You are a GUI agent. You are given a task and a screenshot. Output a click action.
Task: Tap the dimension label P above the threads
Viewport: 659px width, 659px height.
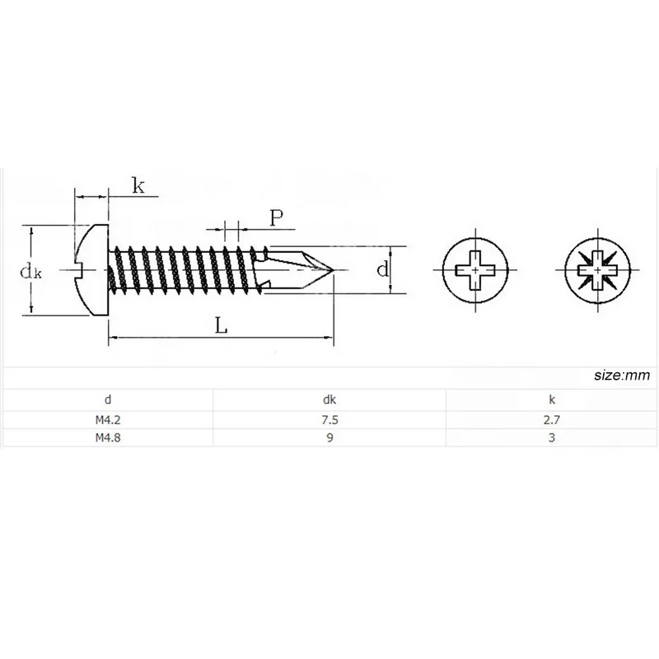[277, 217]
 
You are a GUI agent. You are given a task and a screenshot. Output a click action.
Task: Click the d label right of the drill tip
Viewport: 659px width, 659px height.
[381, 269]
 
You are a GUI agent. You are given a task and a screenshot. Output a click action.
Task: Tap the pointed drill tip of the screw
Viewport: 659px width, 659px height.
[329, 269]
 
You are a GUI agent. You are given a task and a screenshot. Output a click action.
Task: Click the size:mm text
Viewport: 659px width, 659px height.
[621, 376]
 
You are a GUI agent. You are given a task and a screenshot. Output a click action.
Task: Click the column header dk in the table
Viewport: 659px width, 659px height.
[329, 400]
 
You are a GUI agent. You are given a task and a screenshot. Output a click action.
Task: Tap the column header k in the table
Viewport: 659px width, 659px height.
[552, 400]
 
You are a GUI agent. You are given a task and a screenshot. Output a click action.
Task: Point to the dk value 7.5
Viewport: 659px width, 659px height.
[329, 419]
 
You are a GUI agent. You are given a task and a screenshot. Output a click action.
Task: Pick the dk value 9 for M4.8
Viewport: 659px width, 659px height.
[329, 438]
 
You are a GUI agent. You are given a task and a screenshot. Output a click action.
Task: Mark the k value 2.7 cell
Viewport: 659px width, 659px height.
[552, 419]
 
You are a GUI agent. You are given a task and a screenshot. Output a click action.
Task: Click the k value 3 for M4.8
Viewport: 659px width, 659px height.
[552, 438]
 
